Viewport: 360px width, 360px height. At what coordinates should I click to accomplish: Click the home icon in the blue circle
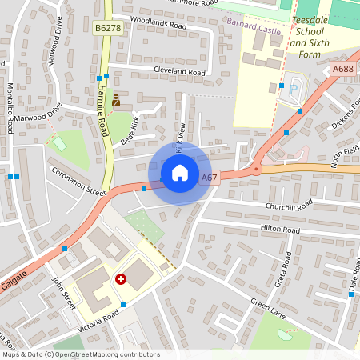180,172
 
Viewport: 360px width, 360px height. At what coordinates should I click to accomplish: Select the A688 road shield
342,70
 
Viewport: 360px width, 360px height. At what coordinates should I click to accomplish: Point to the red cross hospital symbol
121,279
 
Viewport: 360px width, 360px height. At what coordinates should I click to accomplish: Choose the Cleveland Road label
178,72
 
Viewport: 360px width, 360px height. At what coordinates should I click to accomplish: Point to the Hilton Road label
279,230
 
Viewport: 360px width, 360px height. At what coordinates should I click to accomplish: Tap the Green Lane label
266,308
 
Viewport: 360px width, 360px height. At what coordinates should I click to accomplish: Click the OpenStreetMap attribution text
81,354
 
